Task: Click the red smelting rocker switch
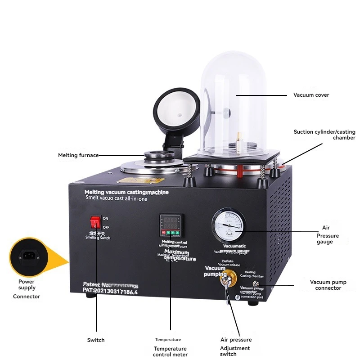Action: pos(95,222)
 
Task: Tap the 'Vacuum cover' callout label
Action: pos(311,95)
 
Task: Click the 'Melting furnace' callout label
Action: pos(78,155)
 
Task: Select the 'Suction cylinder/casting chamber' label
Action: pos(324,135)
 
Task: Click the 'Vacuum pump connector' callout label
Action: pos(328,285)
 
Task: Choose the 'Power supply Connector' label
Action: pos(26,289)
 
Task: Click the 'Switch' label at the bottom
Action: pos(96,340)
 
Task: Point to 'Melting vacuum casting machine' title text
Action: pos(126,192)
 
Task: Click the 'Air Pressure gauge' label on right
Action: pos(327,235)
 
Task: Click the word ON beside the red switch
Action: pos(106,218)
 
